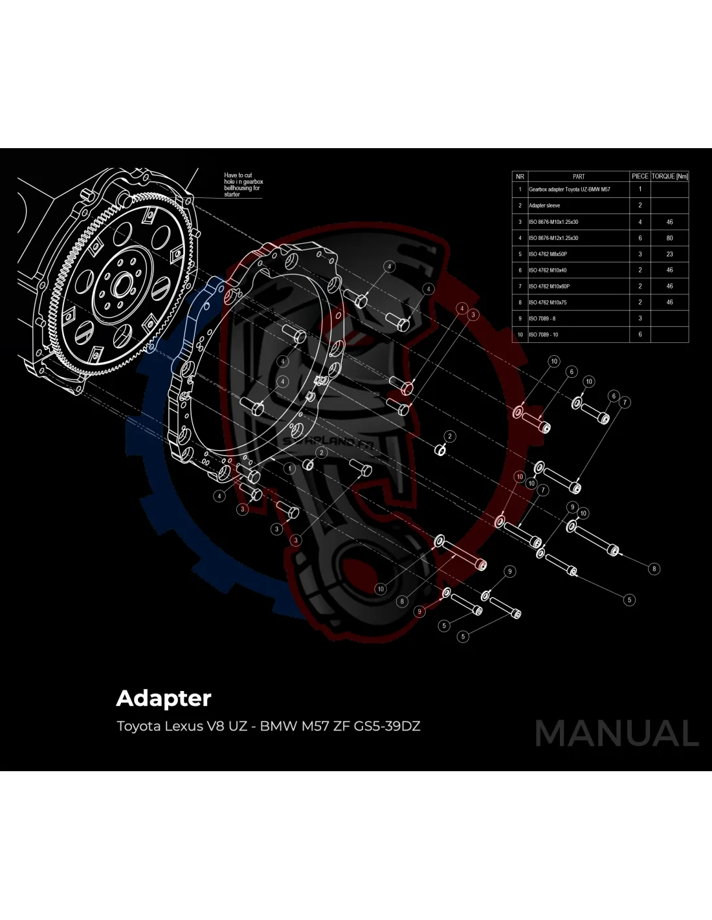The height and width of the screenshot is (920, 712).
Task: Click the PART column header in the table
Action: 578,176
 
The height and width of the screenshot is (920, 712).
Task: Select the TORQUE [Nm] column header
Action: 669,176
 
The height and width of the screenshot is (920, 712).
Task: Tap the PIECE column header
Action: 640,176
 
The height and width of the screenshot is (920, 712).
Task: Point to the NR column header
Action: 520,176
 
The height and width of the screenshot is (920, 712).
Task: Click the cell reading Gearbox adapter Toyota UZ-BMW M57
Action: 569,190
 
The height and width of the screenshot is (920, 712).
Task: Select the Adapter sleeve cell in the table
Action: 544,206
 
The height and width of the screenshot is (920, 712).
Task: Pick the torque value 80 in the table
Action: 669,238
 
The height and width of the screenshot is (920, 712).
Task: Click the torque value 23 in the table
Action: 669,254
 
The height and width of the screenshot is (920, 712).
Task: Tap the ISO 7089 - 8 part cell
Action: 542,318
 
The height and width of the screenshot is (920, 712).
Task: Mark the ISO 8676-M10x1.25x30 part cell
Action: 553,222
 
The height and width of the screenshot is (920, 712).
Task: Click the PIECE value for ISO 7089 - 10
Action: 640,334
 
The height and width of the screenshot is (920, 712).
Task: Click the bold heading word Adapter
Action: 164,698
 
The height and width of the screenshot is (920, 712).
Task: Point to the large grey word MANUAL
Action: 616,734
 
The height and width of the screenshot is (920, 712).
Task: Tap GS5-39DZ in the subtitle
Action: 387,726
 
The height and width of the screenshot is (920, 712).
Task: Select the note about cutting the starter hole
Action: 243,184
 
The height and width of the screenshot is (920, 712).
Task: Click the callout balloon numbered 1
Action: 290,468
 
